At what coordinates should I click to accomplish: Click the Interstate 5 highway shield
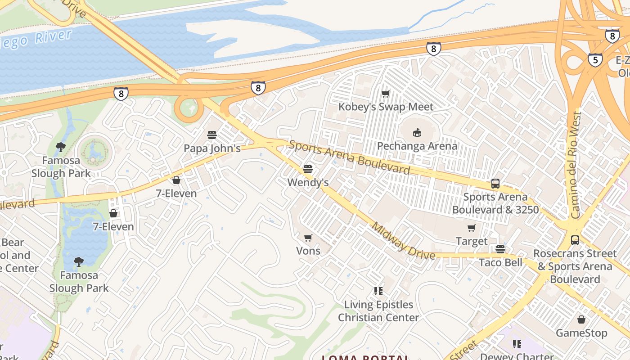pos(595,59)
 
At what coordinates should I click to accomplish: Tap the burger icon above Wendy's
pos(308,169)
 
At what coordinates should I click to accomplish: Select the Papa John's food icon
pos(212,135)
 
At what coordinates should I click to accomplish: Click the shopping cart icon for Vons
pos(308,238)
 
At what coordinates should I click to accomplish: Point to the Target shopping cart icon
pos(471,228)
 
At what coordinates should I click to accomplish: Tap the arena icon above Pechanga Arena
pos(417,133)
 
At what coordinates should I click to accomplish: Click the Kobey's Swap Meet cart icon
pos(385,94)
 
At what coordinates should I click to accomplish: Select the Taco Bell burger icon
pos(500,249)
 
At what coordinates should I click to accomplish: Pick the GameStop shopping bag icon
pos(581,320)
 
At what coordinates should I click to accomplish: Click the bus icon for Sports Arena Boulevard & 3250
pos(495,184)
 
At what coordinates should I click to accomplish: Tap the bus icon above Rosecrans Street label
pos(575,240)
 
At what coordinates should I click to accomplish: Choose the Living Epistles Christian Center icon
pos(378,291)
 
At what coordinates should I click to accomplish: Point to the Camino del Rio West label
pos(575,165)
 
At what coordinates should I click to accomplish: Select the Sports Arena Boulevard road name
pos(349,157)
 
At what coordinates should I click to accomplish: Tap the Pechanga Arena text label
pos(417,146)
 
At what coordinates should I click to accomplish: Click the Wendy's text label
pos(308,182)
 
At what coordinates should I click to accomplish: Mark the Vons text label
pos(308,251)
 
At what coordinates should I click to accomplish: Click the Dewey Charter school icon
pos(517,344)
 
